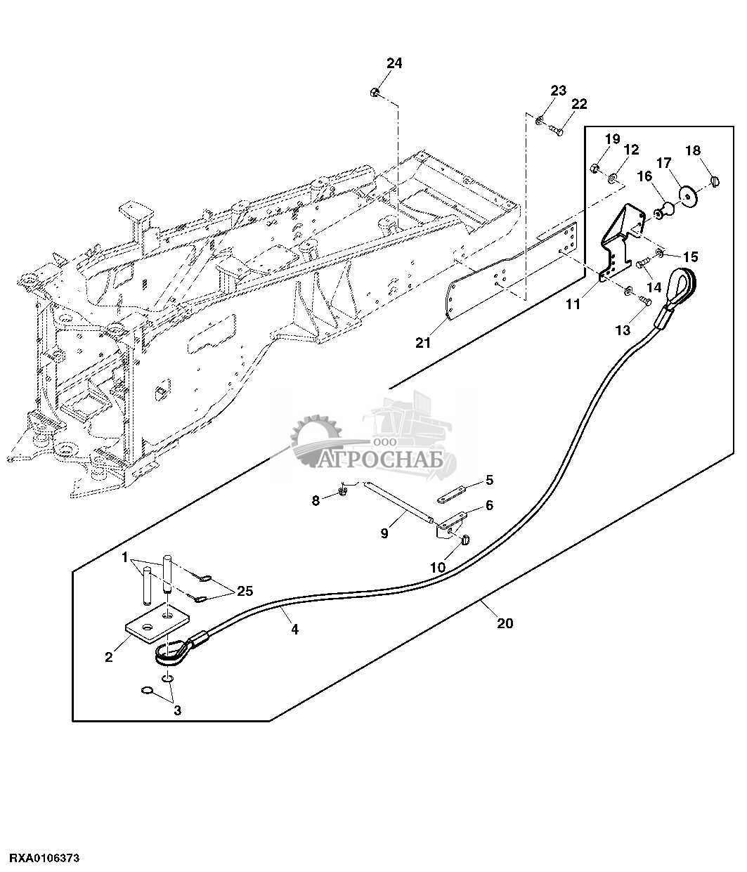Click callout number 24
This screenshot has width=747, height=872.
[x=394, y=64]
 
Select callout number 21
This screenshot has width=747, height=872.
[x=422, y=343]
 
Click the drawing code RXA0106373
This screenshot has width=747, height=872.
[x=44, y=859]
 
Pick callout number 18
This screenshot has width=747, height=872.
[x=693, y=150]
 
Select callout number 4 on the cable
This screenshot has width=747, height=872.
[x=294, y=630]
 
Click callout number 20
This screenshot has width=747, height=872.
[x=505, y=623]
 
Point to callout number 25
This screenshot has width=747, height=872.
[x=245, y=591]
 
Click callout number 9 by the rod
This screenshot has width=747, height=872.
[x=384, y=533]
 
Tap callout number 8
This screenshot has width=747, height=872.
[x=316, y=500]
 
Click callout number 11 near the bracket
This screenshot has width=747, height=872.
[x=574, y=304]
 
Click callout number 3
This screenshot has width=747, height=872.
[x=177, y=710]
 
